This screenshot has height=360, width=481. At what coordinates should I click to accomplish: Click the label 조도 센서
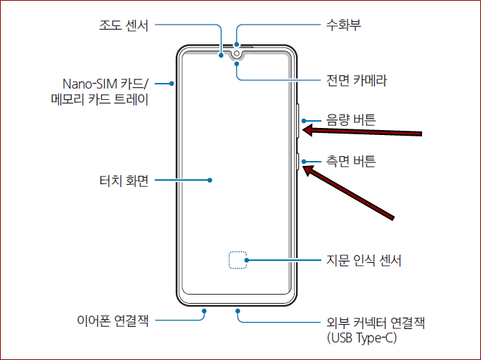point(123,26)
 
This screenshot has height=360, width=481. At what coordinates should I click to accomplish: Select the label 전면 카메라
point(357,81)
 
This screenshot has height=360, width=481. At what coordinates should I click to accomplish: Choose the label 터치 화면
point(124,181)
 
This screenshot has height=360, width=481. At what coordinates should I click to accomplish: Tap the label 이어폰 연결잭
point(113,322)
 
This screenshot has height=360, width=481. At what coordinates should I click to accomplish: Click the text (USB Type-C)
point(362,338)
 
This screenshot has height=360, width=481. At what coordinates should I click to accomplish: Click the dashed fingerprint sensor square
point(238,260)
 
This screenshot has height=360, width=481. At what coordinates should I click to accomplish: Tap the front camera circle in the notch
point(236,53)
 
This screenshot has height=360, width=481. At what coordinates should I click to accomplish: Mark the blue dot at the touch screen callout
point(210,181)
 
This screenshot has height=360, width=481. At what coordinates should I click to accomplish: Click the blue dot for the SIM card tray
point(172,84)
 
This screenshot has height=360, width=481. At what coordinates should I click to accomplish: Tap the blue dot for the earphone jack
point(203,310)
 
